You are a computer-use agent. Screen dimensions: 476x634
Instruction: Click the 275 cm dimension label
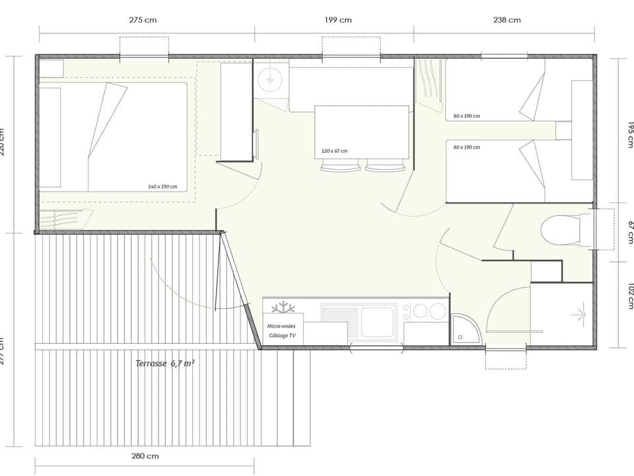143,20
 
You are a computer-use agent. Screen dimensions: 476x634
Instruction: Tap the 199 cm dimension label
338,20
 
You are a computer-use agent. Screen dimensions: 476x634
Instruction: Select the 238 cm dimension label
507,20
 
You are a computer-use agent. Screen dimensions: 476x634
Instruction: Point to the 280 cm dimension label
145,456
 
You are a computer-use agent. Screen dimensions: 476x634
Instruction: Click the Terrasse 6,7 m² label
164,363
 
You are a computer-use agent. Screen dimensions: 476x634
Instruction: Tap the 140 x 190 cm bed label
162,186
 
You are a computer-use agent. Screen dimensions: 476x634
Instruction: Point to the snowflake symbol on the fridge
283,308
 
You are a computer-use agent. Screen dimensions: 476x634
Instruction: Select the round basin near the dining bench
269,80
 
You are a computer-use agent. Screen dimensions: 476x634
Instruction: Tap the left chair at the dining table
340,168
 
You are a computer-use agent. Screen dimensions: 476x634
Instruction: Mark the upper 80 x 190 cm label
467,116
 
